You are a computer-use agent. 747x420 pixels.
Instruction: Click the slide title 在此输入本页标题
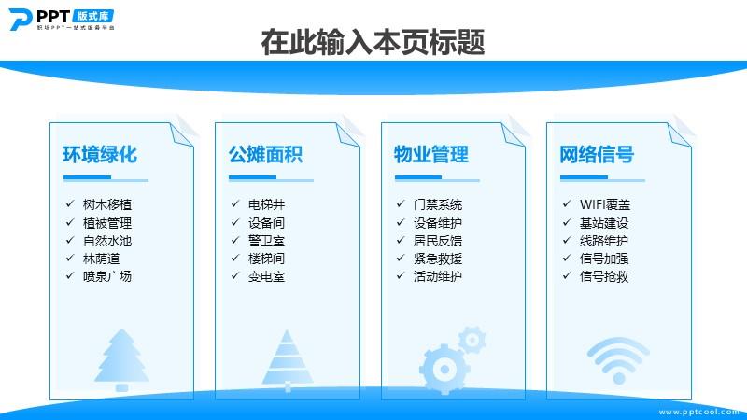click(373, 42)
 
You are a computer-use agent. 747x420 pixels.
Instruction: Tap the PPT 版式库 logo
click(62, 20)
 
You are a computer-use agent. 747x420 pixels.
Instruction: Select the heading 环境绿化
click(100, 154)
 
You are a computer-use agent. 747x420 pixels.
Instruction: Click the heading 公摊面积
click(265, 154)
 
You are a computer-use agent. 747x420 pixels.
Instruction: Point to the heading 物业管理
click(431, 154)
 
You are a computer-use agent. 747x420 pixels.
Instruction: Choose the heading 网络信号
click(597, 154)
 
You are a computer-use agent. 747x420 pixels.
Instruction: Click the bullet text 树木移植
click(107, 204)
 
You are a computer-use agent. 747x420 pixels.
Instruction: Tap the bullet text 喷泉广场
click(107, 276)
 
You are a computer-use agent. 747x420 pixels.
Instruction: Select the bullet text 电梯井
click(266, 204)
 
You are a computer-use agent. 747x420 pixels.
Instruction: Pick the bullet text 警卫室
click(266, 241)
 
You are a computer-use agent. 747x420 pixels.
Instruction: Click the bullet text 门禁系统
click(438, 204)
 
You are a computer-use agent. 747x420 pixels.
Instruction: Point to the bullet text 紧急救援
click(438, 259)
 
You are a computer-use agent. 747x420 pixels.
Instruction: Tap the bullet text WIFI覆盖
click(605, 204)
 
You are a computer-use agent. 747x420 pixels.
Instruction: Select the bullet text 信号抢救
click(604, 276)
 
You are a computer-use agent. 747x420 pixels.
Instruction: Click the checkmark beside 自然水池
click(70, 240)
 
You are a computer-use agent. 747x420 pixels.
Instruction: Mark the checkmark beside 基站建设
click(567, 222)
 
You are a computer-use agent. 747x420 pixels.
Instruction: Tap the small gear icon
click(472, 340)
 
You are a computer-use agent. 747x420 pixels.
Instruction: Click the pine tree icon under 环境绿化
click(122, 359)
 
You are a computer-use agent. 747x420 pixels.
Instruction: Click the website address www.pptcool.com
click(698, 412)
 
